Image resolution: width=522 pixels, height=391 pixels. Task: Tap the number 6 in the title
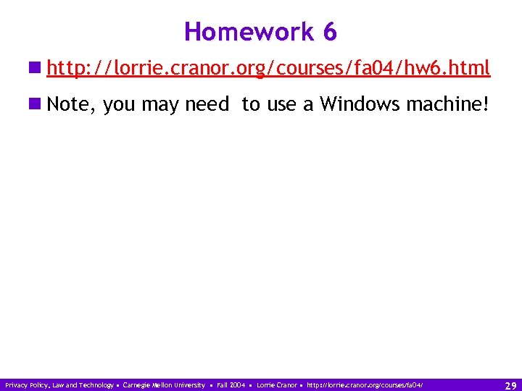[x=330, y=32]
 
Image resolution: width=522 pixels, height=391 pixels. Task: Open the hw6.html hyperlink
[x=268, y=69]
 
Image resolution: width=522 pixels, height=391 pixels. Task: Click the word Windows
[x=360, y=105]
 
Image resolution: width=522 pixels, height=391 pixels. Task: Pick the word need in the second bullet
[x=207, y=105]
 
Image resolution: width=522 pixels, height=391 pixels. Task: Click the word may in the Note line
[x=160, y=105]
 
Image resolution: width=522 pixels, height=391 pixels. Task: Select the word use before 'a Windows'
[x=281, y=105]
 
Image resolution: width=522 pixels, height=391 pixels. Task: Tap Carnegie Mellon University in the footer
[x=164, y=385]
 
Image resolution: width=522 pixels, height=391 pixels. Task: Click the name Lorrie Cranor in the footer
[x=276, y=385]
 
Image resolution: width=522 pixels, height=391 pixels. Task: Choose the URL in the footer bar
[x=365, y=385]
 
